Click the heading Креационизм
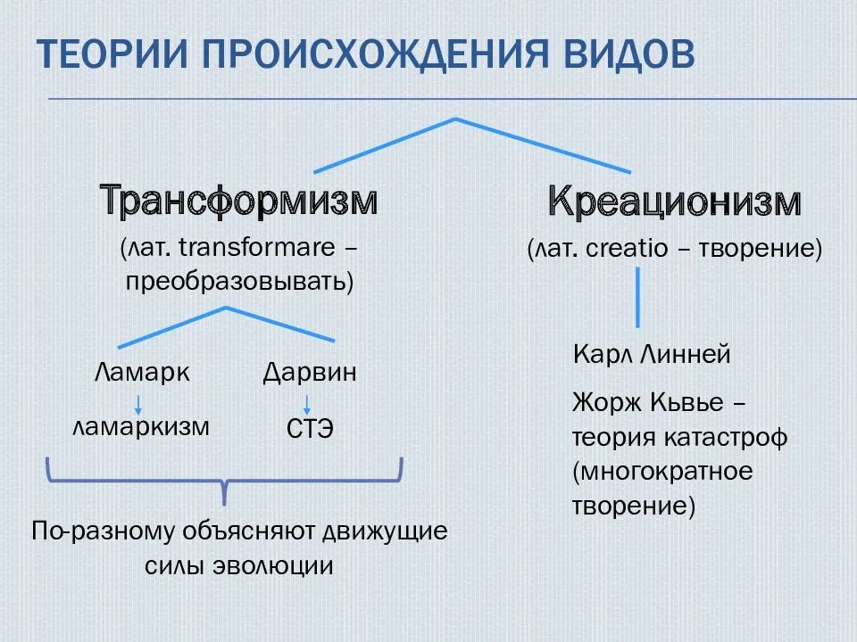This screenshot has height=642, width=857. coord(674,202)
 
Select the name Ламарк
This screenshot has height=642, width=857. coord(142,372)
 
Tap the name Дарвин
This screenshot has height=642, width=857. coord(310,372)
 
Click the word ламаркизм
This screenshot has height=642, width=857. coord(142,426)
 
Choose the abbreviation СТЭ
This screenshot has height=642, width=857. coord(310,429)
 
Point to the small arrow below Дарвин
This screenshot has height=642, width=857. coord(307,402)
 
